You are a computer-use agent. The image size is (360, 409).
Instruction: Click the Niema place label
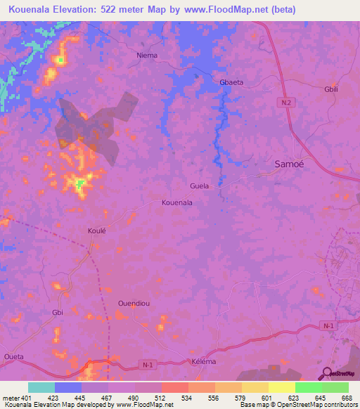[x=147, y=55]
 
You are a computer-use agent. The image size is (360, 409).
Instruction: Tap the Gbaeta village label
[x=231, y=82]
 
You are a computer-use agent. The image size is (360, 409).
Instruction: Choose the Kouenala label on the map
[x=176, y=202]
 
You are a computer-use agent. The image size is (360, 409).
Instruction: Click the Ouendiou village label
[x=131, y=304]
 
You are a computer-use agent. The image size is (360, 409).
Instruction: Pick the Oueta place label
[x=13, y=357]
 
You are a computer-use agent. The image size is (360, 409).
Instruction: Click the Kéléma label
[x=203, y=362]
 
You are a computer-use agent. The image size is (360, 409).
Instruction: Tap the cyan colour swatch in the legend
[x=41, y=387]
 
